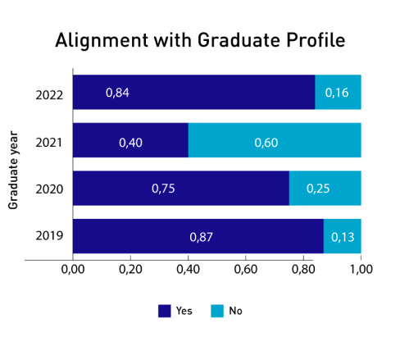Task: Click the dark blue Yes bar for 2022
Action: pos(194,92)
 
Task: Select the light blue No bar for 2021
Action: pos(275,140)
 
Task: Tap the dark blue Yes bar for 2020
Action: pos(181,188)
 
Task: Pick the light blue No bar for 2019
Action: pos(343,236)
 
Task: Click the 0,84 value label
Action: pos(117,93)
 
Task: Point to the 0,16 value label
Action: pos(337,93)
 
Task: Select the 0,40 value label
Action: pos(130,143)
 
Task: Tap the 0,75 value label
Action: pos(163,189)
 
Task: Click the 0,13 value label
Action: pos(343,237)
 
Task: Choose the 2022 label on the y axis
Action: pos(49,95)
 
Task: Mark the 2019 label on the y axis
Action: pos(49,235)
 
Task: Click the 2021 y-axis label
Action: pos(49,143)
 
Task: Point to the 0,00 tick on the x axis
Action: pos(73,270)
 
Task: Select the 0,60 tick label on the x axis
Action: pos(246,270)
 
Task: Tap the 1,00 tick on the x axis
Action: pos(361,270)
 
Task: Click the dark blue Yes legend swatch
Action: pos(165,311)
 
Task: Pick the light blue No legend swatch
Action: pos(217,311)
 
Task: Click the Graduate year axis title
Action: pos(13,170)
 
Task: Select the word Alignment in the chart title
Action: pos(102,41)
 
